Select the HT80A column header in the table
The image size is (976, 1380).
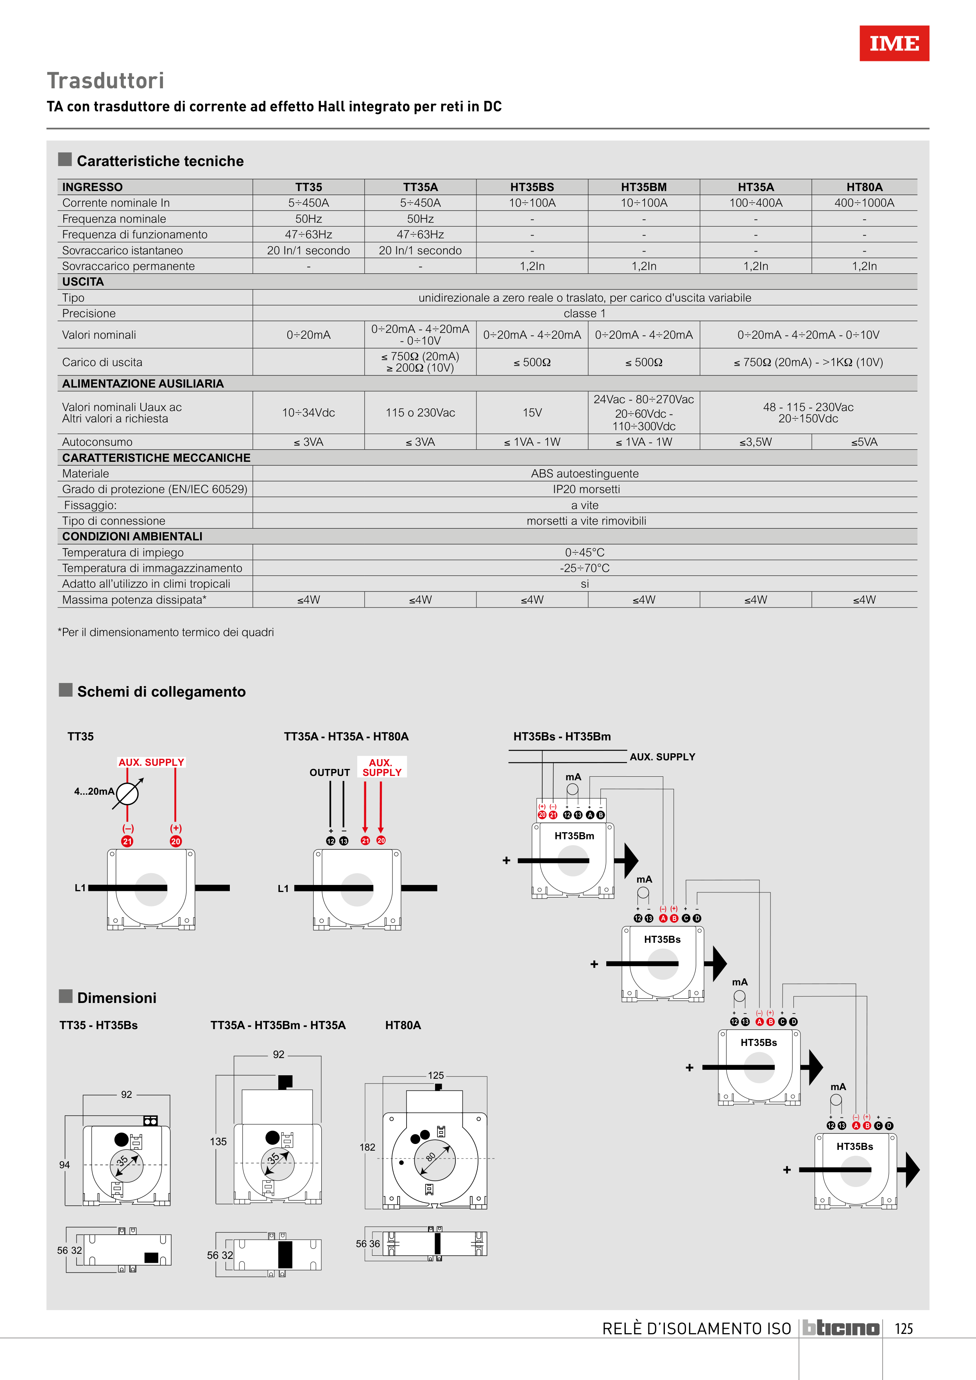tap(864, 187)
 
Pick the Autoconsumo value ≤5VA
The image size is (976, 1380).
tap(864, 442)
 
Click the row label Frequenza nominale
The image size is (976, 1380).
tap(114, 219)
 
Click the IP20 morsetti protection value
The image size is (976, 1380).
tap(586, 489)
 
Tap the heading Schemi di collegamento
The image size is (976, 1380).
tap(161, 692)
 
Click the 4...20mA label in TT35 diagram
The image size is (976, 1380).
tap(94, 792)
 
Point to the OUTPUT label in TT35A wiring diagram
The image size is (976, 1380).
tap(330, 773)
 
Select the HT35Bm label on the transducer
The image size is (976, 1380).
tap(574, 836)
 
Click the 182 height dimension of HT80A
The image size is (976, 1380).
tap(367, 1148)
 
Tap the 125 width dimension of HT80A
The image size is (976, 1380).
tap(436, 1075)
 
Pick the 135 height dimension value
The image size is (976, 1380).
tap(218, 1141)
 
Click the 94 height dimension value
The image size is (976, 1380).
tap(64, 1165)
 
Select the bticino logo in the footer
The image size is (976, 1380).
tap(841, 1328)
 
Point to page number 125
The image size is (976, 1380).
tap(904, 1329)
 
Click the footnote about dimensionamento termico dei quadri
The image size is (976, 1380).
tap(166, 632)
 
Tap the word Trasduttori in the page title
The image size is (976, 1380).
tap(106, 80)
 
